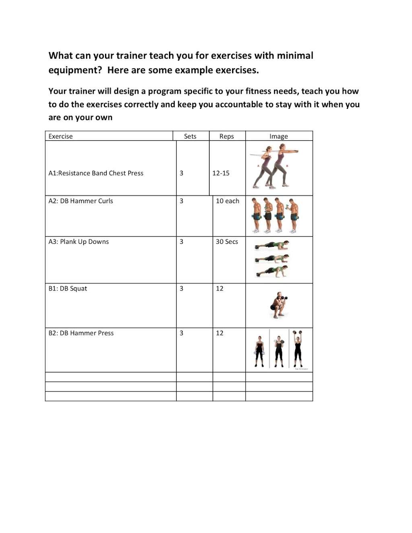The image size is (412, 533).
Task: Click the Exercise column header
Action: [x=61, y=136]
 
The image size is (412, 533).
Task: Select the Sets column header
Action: [x=190, y=136]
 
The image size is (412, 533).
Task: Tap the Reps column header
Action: [x=227, y=136]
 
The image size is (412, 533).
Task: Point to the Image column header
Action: [x=279, y=136]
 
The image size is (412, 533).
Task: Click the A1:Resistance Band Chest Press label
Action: [x=96, y=173]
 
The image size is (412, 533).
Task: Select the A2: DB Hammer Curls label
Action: [x=81, y=201]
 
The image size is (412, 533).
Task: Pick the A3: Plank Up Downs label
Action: [x=79, y=242]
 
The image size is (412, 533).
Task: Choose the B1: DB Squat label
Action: [x=68, y=289]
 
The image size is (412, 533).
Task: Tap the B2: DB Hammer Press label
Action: [x=81, y=333]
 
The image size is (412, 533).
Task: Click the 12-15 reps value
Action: [x=221, y=173]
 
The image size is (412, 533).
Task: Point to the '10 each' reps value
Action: [x=227, y=201]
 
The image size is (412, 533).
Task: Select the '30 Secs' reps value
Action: [x=227, y=242]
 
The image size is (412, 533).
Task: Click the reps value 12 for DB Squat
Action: [x=220, y=289]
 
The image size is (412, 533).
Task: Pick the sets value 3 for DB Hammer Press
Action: [x=181, y=333]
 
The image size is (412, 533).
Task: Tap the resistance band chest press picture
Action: [x=274, y=168]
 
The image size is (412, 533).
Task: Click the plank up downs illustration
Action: [x=272, y=260]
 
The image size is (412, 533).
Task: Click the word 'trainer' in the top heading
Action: [x=132, y=56]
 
